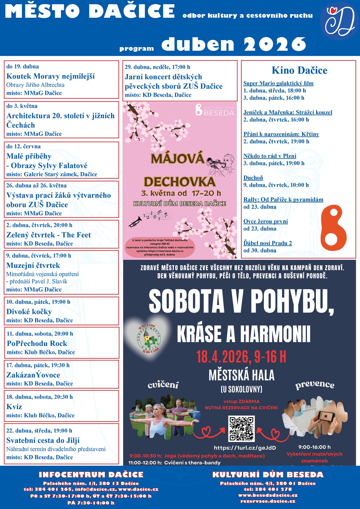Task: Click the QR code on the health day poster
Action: coord(241,428)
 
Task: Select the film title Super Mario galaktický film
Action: coord(278,83)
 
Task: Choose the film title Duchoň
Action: coord(253,178)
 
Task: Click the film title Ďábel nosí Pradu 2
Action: coord(268,243)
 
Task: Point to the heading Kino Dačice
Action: coord(299,70)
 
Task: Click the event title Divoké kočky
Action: coord(29,312)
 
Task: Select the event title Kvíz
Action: coord(14,407)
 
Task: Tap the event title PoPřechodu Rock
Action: coord(37,343)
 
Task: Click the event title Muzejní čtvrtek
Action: coord(33,265)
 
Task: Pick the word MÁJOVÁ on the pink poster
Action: coord(178,158)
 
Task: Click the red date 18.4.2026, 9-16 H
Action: coord(241,357)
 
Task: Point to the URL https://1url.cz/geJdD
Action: coord(245,448)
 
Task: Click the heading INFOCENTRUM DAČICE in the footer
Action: coord(91,475)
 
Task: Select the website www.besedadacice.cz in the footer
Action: coord(268,495)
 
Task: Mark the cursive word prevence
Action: coord(315,385)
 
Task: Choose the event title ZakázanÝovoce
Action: coord(33,375)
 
